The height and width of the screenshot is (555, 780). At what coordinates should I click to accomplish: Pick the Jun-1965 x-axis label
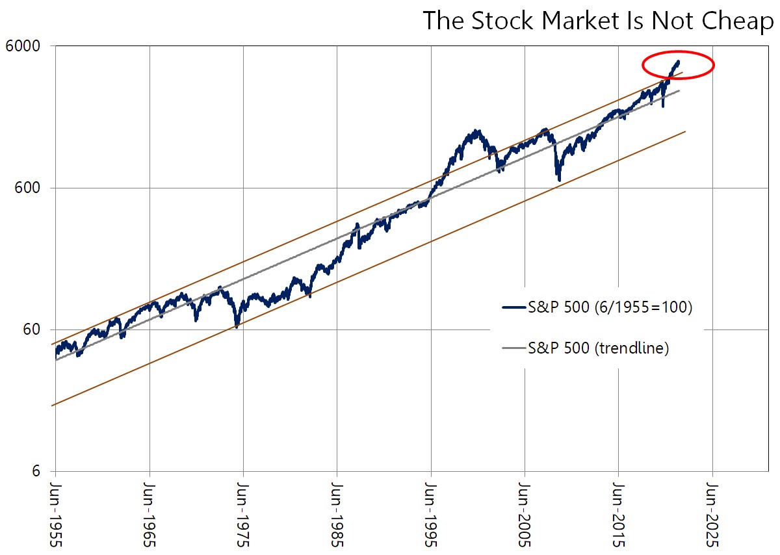pyautogui.click(x=149, y=513)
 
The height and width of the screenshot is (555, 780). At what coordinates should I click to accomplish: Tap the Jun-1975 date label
pyautogui.click(x=243, y=513)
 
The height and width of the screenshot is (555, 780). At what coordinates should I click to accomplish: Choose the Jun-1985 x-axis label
pyautogui.click(x=337, y=513)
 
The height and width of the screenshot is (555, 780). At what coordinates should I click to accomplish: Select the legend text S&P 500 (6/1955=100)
pyautogui.click(x=610, y=308)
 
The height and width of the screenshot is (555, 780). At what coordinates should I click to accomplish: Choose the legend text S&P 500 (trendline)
pyautogui.click(x=598, y=348)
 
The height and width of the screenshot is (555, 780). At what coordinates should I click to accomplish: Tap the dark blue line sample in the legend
pyautogui.click(x=513, y=309)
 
